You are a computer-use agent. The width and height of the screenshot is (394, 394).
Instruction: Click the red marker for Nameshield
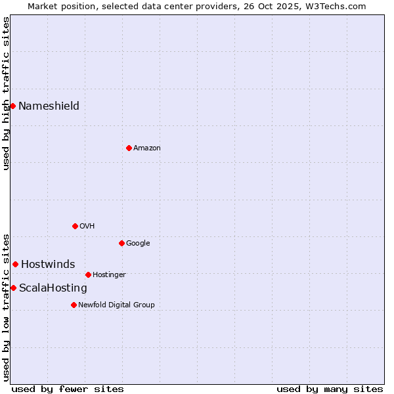(12, 106)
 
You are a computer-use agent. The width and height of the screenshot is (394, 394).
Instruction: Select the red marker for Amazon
(129, 148)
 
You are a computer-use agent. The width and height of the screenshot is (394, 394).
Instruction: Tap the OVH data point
(75, 226)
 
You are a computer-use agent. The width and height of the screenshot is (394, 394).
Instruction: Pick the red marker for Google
(121, 243)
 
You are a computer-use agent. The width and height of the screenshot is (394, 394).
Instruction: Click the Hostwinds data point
(15, 264)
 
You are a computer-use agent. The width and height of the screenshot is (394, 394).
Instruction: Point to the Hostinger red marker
(88, 274)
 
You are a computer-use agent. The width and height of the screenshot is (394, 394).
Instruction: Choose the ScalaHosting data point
(13, 288)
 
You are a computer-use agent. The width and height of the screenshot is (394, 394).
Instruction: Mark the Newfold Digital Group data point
(74, 305)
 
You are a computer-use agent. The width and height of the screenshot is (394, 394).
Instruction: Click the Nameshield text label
(49, 106)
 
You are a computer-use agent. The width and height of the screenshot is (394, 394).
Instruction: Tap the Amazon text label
(147, 148)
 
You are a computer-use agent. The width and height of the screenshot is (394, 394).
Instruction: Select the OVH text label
(87, 227)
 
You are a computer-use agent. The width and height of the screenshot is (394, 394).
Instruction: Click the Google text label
(138, 244)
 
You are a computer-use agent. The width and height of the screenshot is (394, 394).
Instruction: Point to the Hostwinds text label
(48, 265)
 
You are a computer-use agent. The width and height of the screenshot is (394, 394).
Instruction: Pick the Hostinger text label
(109, 275)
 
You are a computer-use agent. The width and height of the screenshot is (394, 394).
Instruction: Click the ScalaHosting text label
(53, 288)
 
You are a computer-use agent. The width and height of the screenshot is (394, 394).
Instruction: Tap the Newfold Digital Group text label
(116, 305)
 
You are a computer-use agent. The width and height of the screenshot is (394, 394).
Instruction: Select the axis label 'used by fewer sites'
(68, 389)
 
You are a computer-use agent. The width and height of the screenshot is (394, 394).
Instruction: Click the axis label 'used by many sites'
(330, 389)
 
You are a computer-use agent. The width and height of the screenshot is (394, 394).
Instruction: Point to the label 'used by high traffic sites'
(6, 93)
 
